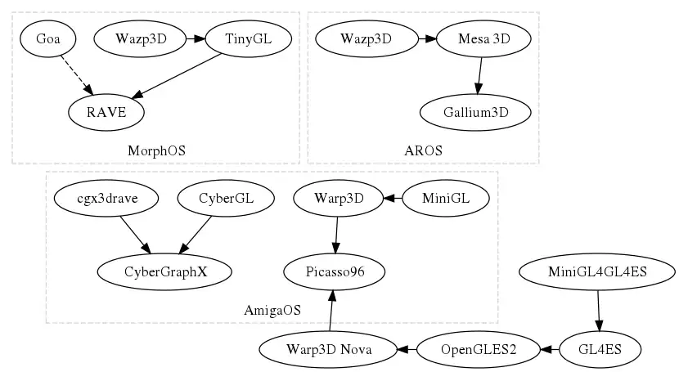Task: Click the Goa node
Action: pyautogui.click(x=48, y=38)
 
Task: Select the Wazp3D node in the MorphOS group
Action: pyautogui.click(x=141, y=38)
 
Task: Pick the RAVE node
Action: pyautogui.click(x=106, y=112)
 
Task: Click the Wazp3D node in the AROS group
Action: pyautogui.click(x=366, y=38)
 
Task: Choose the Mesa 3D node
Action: pyautogui.click(x=483, y=38)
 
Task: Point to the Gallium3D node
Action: pyautogui.click(x=476, y=112)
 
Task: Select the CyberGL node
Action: pyautogui.click(x=226, y=198)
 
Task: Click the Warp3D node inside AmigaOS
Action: pyautogui.click(x=338, y=198)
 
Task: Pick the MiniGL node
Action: pyautogui.click(x=446, y=198)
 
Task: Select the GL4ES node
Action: pyautogui.click(x=600, y=349)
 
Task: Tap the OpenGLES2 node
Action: pyautogui.click(x=479, y=349)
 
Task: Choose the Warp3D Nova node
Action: pyautogui.click(x=328, y=349)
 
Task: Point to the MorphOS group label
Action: pyautogui.click(x=156, y=150)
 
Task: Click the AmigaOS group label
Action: pyautogui.click(x=272, y=310)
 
